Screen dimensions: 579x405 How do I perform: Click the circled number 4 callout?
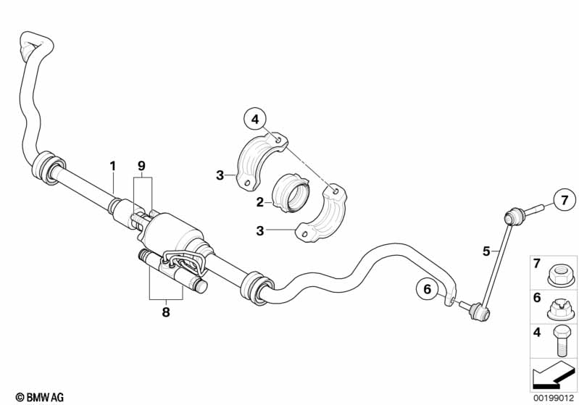(255, 120)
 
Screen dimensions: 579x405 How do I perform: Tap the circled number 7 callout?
(565, 201)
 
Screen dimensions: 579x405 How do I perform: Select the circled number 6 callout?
(428, 289)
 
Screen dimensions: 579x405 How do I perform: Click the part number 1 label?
(113, 166)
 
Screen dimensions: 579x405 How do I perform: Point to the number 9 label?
(142, 166)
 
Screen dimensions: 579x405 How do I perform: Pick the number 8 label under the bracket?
(166, 312)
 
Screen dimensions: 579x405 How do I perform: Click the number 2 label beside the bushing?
(260, 202)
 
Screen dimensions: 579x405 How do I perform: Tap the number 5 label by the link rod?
(487, 251)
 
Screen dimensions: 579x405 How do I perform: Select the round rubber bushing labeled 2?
(291, 193)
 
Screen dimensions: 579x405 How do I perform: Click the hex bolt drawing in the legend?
(560, 341)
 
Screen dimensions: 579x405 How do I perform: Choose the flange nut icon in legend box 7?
(561, 275)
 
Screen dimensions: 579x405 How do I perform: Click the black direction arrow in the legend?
(553, 376)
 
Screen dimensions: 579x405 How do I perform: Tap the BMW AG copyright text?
(40, 397)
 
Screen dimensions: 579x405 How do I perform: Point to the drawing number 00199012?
(554, 398)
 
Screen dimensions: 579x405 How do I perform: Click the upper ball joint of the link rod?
(515, 217)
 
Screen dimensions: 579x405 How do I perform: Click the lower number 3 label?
(260, 231)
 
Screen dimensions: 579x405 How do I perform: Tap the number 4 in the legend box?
(537, 333)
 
